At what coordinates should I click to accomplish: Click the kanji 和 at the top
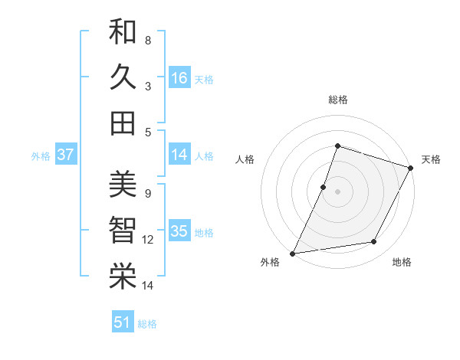coord(123,31)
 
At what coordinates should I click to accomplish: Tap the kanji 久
coord(123,77)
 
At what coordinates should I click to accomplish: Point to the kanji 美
coord(123,185)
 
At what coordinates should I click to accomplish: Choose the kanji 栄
coord(123,277)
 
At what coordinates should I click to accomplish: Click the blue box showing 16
coord(179,77)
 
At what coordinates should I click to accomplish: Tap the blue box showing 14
coord(179,154)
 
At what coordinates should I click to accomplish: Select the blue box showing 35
coord(179,231)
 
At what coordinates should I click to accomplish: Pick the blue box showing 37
coord(66,154)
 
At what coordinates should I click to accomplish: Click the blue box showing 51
coord(123,322)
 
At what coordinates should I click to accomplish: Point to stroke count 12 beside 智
coord(148,240)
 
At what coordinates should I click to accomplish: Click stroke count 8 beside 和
coord(148,40)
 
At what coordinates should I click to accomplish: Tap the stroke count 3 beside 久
coord(148,86)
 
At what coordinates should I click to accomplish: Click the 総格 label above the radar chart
coord(337,100)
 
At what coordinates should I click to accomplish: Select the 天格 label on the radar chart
coord(431,159)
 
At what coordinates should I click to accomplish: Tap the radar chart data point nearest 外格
coord(292,254)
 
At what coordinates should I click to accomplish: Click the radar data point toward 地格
coord(374,242)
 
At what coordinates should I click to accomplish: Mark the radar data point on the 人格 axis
coord(324,187)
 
